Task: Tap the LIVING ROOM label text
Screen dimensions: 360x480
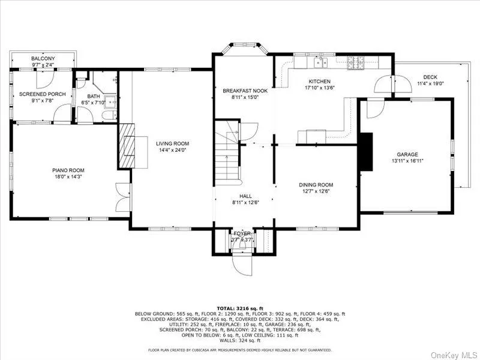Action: pyautogui.click(x=173, y=143)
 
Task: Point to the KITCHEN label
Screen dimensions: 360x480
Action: pyautogui.click(x=320, y=82)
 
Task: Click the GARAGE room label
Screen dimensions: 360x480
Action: pyautogui.click(x=407, y=154)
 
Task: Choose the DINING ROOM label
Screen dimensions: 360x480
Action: pyautogui.click(x=316, y=185)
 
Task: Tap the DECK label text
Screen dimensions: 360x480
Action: pyautogui.click(x=430, y=77)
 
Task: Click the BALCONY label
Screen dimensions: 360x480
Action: pyautogui.click(x=42, y=58)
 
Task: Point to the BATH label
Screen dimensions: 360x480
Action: pyautogui.click(x=94, y=96)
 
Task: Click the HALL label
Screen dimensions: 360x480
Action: pyautogui.click(x=245, y=196)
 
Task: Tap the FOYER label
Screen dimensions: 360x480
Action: pyautogui.click(x=243, y=233)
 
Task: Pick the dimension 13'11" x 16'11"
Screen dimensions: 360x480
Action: pyautogui.click(x=407, y=161)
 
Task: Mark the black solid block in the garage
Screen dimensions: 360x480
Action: pyautogui.click(x=366, y=152)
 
